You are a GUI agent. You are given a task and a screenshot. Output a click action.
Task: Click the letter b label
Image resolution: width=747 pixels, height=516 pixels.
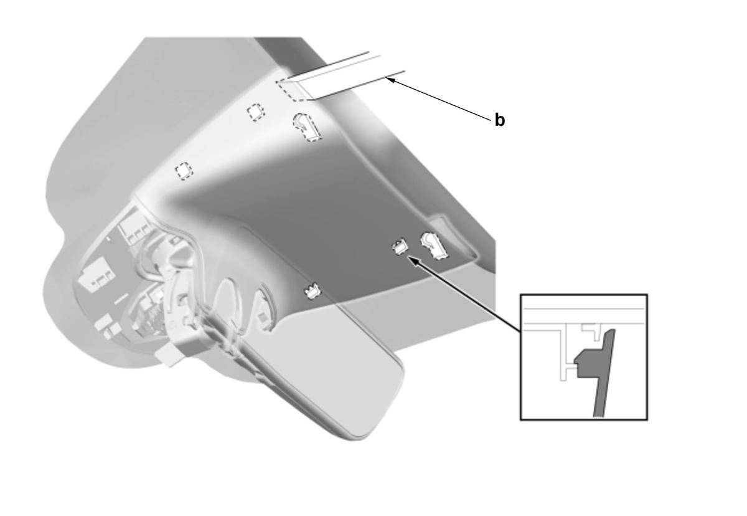click(x=499, y=120)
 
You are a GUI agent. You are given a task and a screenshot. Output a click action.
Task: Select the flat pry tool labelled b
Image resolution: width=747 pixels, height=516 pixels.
click(x=340, y=76)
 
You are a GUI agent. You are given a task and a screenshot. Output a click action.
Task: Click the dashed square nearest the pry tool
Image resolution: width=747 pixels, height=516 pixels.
click(x=256, y=112)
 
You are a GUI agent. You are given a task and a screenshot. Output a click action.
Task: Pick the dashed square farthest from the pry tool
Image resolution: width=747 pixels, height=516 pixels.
click(x=184, y=171)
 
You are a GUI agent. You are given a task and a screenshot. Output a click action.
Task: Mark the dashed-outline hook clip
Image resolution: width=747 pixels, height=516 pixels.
click(x=307, y=127)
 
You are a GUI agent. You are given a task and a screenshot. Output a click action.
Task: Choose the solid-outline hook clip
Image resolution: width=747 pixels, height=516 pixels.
click(x=435, y=246)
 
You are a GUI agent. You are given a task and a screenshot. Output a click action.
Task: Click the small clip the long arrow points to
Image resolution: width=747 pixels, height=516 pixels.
click(x=400, y=247)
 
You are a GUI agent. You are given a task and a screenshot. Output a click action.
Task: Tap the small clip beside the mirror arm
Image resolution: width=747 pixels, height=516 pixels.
click(x=312, y=291)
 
